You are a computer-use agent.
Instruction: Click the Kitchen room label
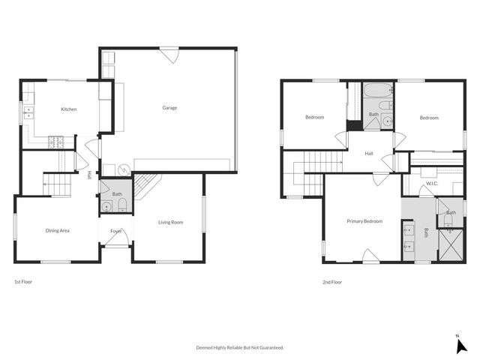pos(69,109)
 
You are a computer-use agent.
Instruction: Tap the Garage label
pos(170,108)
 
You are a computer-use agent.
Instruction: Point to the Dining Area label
pos(58,230)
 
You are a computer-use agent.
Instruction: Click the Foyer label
pos(116,231)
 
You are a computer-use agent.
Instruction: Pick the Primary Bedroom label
pos(364,221)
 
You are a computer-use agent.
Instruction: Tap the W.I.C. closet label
pos(431,183)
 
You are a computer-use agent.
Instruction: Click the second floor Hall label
pos(369,154)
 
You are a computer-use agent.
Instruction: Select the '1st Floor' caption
pos(23,282)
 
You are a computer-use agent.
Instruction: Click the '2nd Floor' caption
pos(332,282)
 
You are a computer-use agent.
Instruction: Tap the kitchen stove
pos(56,140)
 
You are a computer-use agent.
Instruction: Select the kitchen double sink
pos(29,113)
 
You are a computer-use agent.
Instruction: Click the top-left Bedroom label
pos(314,118)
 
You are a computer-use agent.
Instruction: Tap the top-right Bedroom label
pos(428,118)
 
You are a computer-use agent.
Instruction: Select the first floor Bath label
pos(118,194)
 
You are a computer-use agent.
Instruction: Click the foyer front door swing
pos(124,240)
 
